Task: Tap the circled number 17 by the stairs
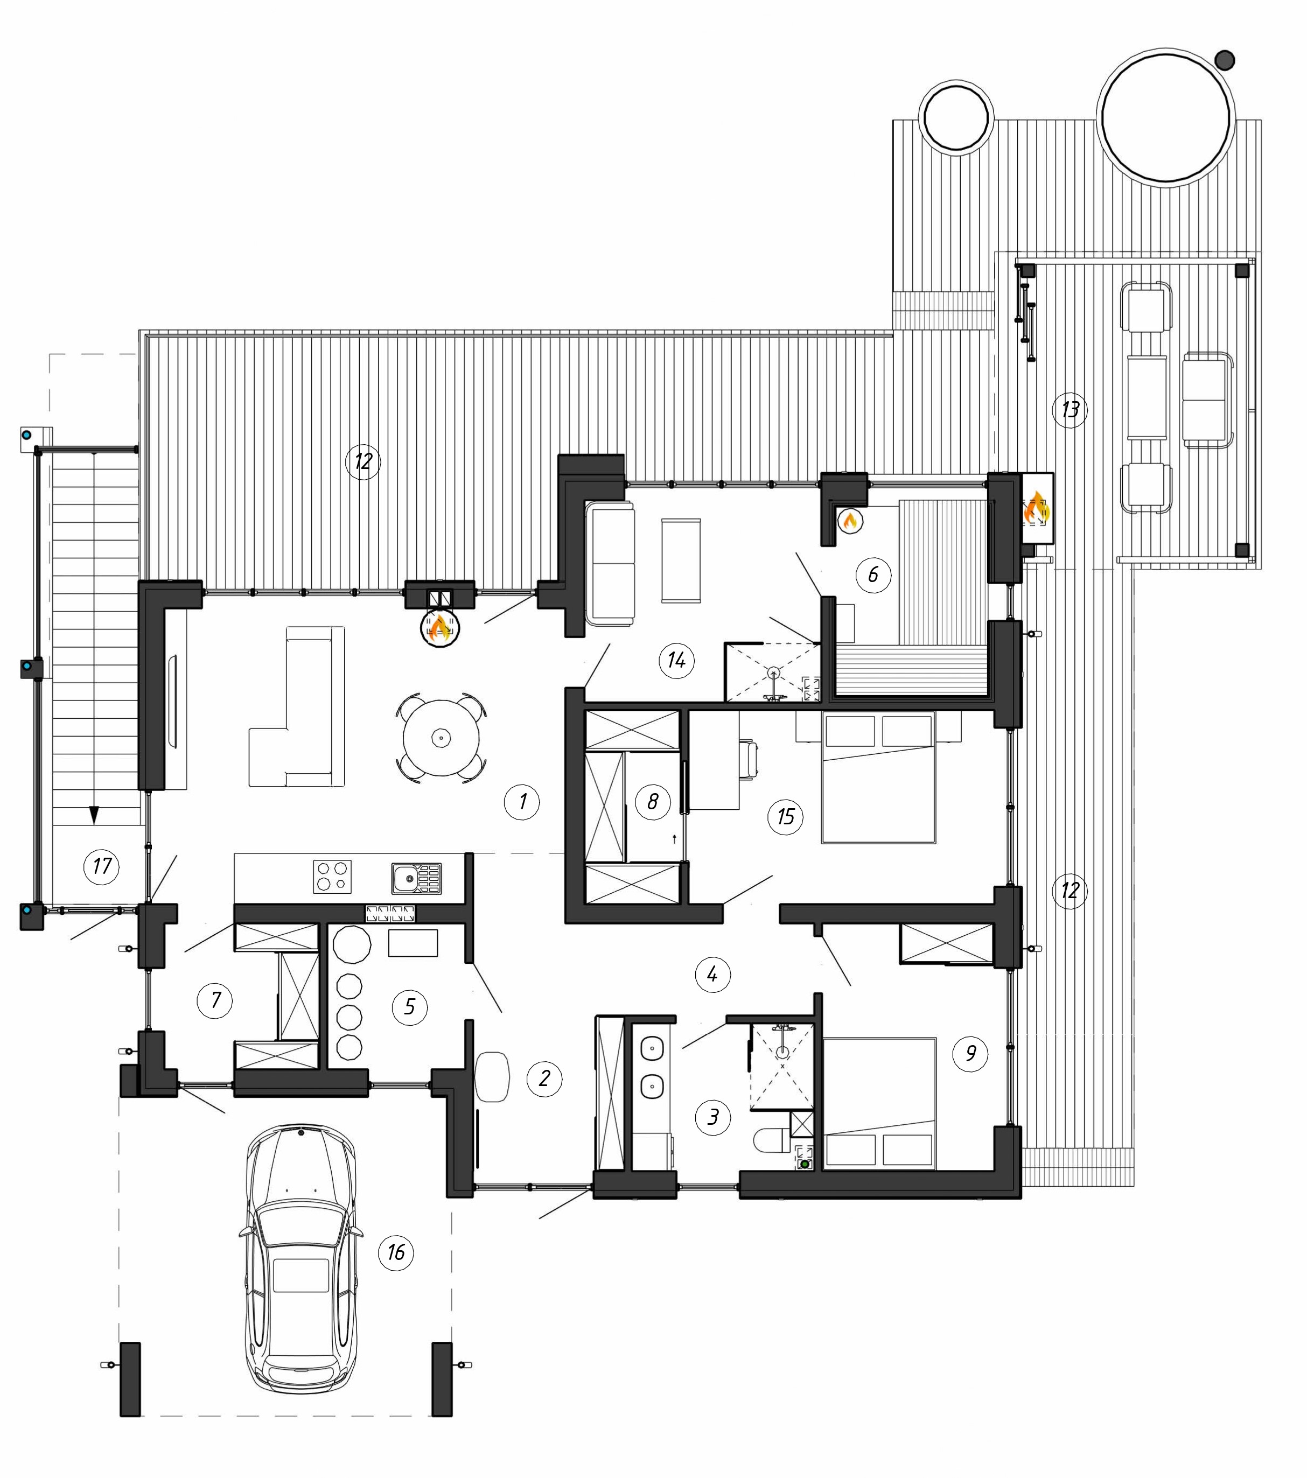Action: (102, 866)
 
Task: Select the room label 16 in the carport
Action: (396, 1252)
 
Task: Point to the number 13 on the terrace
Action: (1070, 410)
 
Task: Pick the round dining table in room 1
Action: (441, 738)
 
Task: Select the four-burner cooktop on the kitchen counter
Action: (332, 877)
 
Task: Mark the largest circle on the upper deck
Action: (1166, 116)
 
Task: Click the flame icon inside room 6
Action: (850, 521)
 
